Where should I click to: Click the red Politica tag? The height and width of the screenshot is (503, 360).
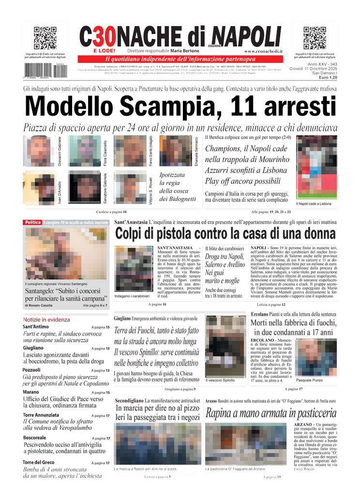coord(33,222)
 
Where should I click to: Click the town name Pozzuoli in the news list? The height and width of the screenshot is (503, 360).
coord(31,370)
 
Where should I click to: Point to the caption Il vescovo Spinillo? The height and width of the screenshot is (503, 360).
coord(220,380)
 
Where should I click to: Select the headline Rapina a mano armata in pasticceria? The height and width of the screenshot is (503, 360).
coord(271,413)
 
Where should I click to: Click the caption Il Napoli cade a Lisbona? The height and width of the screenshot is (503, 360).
coord(314,204)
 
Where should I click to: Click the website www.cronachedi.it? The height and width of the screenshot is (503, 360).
coord(263,51)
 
